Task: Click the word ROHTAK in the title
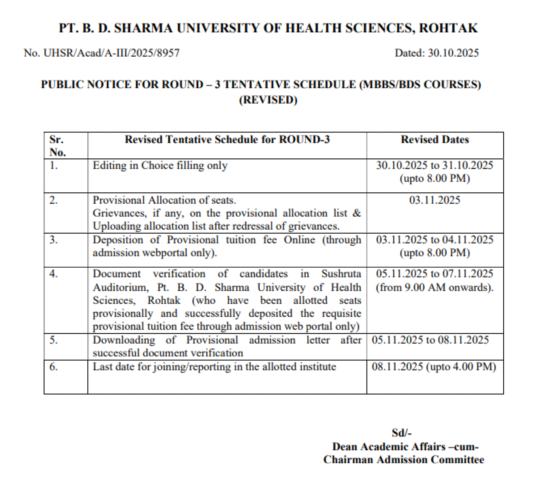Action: click(x=448, y=28)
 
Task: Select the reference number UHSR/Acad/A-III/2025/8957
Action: click(x=111, y=53)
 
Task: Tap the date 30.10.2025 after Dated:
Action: click(x=453, y=53)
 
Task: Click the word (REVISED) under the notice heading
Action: click(x=268, y=100)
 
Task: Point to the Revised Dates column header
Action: click(x=435, y=140)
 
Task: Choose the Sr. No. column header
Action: click(x=57, y=146)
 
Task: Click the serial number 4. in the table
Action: click(x=54, y=274)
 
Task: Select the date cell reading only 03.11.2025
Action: click(x=435, y=200)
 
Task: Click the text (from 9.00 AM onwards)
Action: click(x=435, y=287)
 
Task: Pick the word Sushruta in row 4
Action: click(x=341, y=274)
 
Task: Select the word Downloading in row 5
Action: click(x=124, y=340)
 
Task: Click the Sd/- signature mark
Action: click(x=402, y=433)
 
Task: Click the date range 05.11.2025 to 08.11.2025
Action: click(x=430, y=340)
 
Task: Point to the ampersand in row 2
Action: click(x=357, y=213)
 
